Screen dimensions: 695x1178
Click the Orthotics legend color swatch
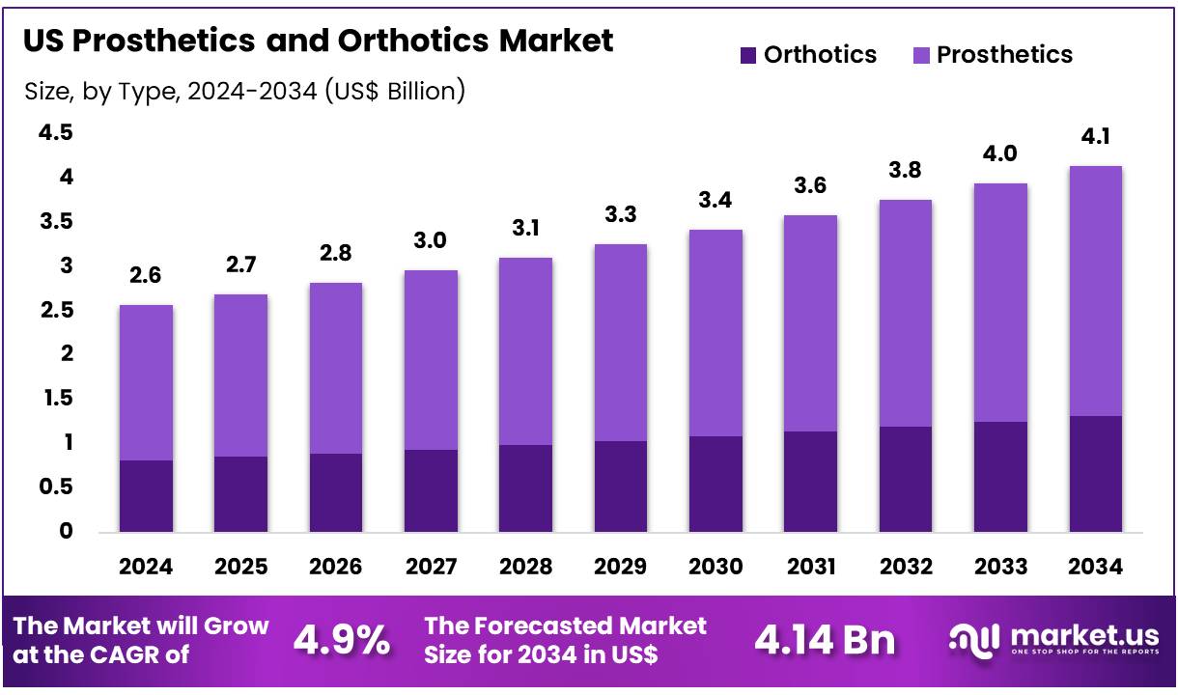click(748, 55)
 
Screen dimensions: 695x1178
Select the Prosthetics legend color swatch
click(921, 55)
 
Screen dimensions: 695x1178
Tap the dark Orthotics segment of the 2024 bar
click(146, 495)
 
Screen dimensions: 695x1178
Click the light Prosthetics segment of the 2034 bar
click(1095, 291)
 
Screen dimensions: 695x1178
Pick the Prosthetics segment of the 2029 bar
click(620, 342)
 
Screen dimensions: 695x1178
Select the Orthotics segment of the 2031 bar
click(810, 481)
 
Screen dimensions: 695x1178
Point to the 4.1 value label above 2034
click(1095, 138)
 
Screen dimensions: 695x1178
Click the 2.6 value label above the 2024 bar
click(146, 276)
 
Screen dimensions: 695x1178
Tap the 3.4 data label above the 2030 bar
click(715, 201)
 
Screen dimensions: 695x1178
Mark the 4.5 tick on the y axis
click(55, 133)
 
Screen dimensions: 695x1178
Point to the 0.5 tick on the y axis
click(55, 487)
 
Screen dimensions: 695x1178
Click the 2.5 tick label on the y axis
click(55, 310)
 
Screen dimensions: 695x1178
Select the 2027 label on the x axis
click(430, 567)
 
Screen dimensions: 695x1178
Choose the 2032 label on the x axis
click(905, 567)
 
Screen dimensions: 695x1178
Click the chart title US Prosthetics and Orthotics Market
click(318, 41)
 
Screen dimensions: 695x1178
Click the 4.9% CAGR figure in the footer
click(342, 640)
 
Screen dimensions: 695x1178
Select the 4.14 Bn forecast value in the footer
click(825, 640)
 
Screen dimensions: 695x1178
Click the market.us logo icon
click(975, 639)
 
